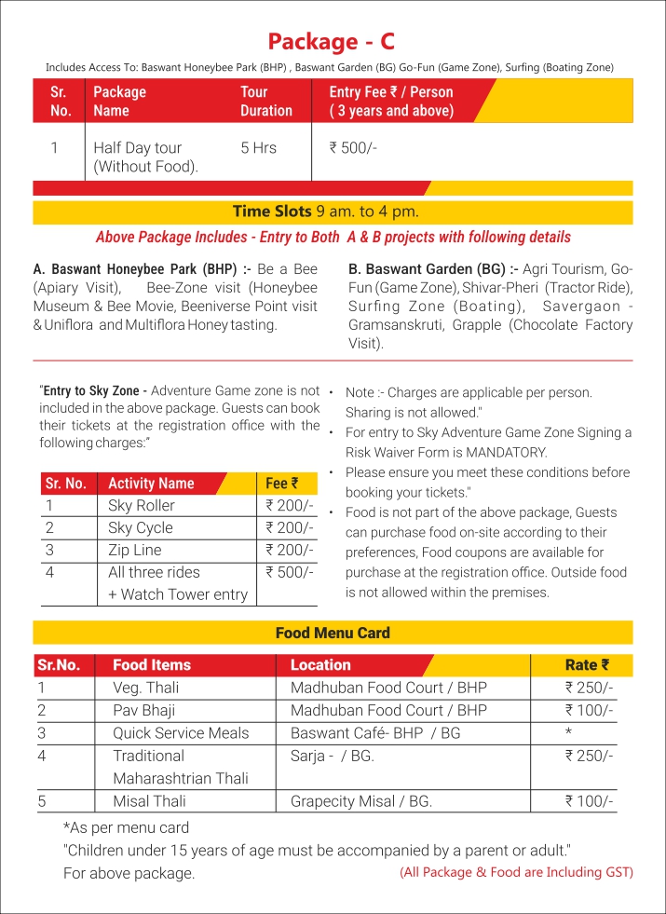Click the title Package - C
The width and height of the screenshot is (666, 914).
331,41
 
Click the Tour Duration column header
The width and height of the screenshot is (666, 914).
265,101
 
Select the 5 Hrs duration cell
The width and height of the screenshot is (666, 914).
258,147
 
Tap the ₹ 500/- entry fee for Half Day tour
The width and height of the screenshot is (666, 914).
353,147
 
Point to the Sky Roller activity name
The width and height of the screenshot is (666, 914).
142,506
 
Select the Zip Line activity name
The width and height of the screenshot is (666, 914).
134,550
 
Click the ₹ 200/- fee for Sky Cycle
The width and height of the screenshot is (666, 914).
290,527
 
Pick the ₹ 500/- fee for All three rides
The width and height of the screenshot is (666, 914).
290,572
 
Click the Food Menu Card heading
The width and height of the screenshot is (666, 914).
333,633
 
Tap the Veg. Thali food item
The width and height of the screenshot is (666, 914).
145,688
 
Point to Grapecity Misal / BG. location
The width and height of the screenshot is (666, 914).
361,800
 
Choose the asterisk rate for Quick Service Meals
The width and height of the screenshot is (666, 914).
568,732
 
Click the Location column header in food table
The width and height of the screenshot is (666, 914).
320,664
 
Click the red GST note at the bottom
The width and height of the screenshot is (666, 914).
516,872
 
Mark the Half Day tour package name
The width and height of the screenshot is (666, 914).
138,157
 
